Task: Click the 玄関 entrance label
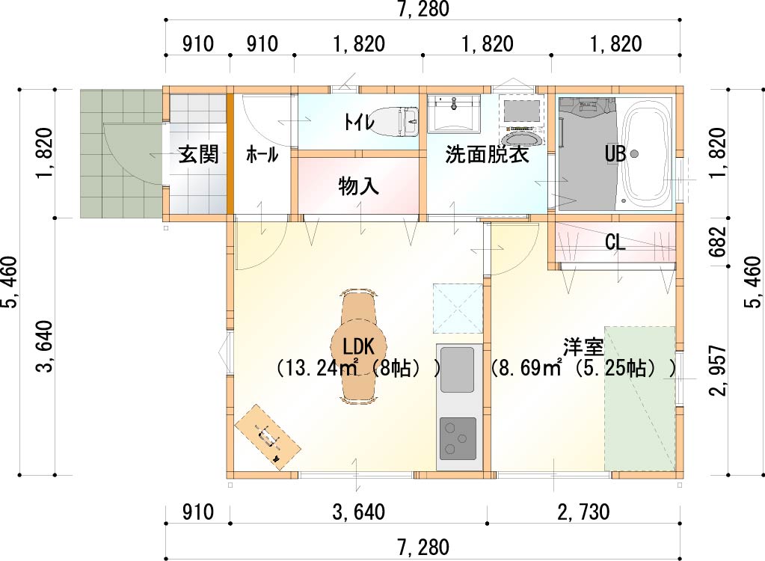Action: pos(198,155)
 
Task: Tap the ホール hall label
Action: pos(262,155)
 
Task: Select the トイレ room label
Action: pos(359,121)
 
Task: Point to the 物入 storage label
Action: pos(359,186)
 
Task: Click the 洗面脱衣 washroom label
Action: pos(487,155)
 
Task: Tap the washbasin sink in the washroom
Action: pos(454,114)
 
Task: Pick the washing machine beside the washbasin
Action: pos(522,120)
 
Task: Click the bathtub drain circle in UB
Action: pos(634,153)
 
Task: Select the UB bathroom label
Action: pos(615,154)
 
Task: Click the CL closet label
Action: pos(615,242)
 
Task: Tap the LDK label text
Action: pos(359,346)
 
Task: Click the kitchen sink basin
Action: pos(457,370)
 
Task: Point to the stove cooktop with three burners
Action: pos(458,438)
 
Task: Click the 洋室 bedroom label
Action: pos(583,347)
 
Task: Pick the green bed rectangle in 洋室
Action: pos(640,399)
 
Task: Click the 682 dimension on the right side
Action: pos(718,242)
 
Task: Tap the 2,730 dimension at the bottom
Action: pos(583,512)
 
